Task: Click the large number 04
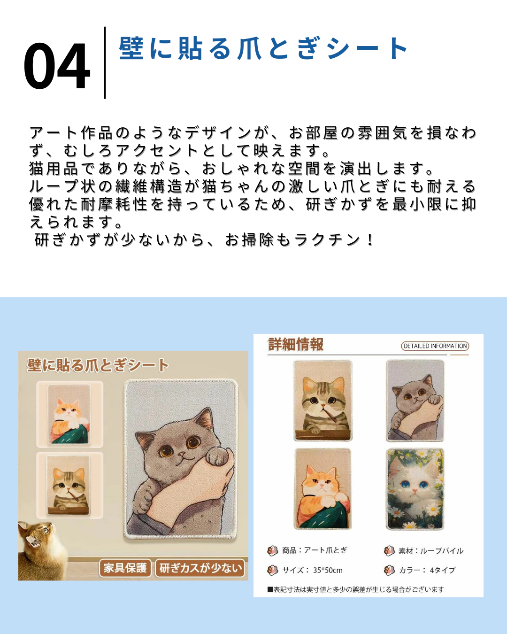(x=56, y=66)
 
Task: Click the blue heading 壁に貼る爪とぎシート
(x=263, y=48)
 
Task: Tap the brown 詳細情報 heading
(x=295, y=344)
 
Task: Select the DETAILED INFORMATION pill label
(x=435, y=346)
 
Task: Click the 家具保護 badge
(x=125, y=568)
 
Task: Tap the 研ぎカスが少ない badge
(x=200, y=568)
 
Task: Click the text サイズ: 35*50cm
(x=312, y=570)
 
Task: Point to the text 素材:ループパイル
(x=430, y=550)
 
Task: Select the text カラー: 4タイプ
(x=427, y=570)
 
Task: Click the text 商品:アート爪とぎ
(x=315, y=550)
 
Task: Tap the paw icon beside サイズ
(x=272, y=570)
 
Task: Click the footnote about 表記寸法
(x=355, y=589)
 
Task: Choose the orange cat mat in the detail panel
(x=323, y=488)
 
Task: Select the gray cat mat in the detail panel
(x=415, y=401)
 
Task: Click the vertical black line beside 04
(x=105, y=62)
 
